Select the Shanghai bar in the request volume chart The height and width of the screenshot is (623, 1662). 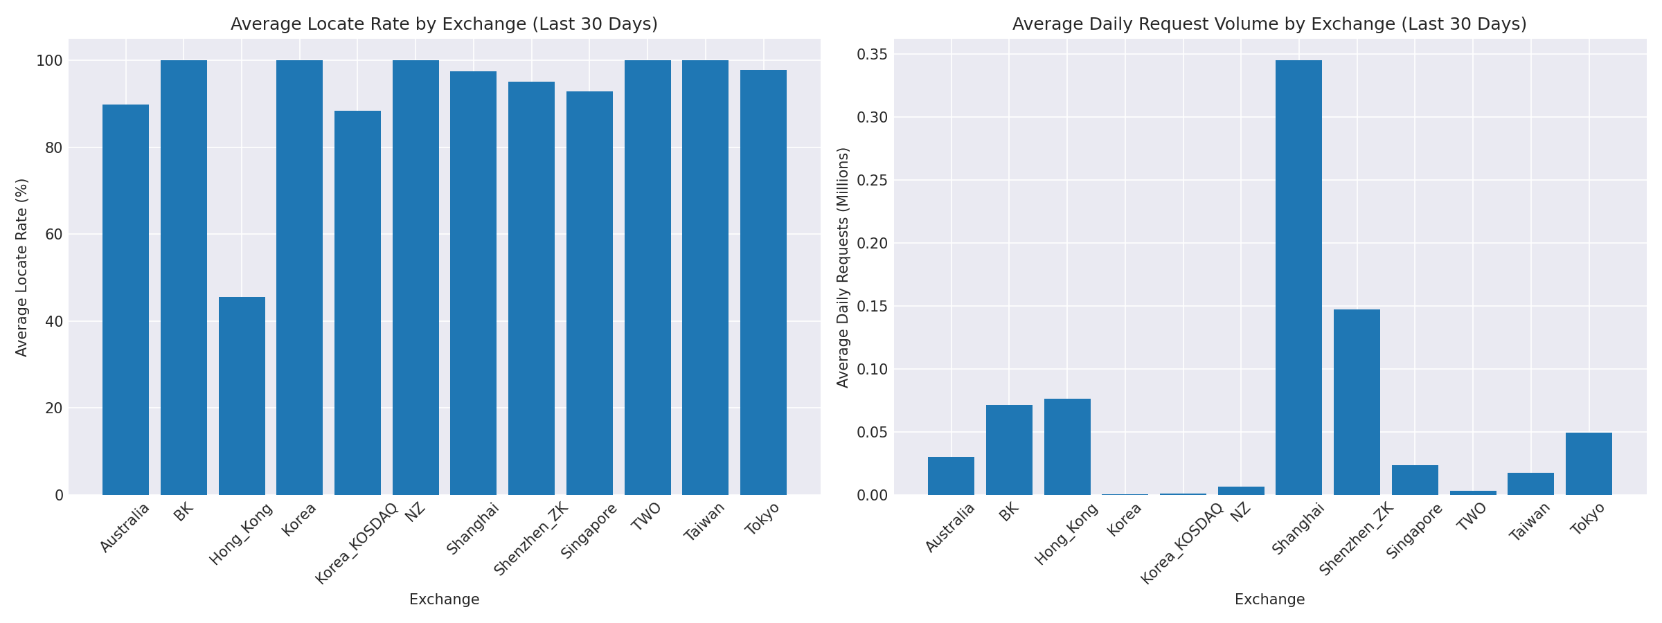point(1298,277)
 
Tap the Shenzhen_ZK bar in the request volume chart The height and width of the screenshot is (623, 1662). point(1357,401)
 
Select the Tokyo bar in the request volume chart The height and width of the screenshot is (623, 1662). point(1589,464)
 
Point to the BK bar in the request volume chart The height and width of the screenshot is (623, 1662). point(1009,450)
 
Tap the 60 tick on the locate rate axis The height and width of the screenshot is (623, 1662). point(55,235)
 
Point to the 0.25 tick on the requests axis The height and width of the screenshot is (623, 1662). point(870,181)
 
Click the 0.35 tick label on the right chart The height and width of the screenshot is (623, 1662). point(870,55)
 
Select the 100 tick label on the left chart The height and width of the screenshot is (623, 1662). point(49,61)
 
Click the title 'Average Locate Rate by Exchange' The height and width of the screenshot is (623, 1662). point(444,24)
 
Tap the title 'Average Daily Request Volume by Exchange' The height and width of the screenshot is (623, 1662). point(1269,24)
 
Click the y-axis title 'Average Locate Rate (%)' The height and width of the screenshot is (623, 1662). point(21,267)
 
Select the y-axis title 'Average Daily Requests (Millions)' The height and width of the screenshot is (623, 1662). point(843,267)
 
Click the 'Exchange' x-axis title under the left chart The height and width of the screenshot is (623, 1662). point(444,599)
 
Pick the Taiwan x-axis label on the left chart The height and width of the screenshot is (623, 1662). point(704,521)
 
